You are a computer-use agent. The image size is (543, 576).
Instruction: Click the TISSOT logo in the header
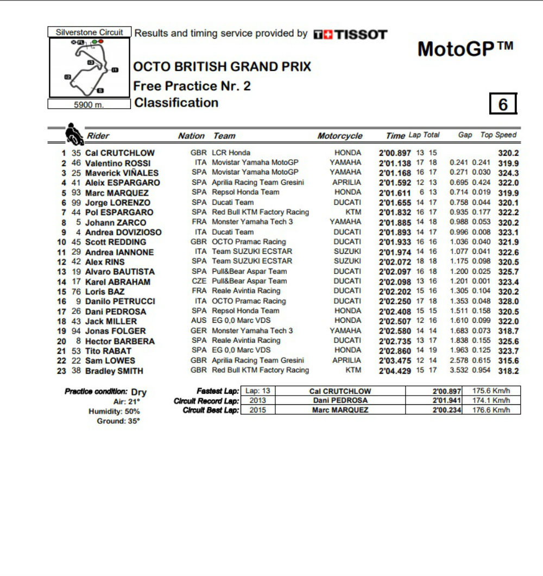tap(350, 34)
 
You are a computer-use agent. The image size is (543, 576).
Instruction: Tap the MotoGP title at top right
tap(465, 49)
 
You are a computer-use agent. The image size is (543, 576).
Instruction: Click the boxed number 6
tap(503, 104)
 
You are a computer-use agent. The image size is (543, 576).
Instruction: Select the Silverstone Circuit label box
tap(90, 33)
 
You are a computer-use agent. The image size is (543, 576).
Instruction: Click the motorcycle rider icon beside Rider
tap(74, 134)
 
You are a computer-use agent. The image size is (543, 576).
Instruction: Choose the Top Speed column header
tap(498, 135)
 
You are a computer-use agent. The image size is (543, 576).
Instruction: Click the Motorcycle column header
tap(339, 136)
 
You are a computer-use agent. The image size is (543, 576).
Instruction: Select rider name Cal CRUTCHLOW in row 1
tap(119, 153)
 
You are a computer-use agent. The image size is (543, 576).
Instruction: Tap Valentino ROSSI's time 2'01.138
tap(395, 163)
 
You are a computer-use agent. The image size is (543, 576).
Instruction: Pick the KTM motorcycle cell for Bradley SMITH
tap(353, 371)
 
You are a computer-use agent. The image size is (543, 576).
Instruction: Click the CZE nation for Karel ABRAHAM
tap(199, 281)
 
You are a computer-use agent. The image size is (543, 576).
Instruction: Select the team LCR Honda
tap(231, 153)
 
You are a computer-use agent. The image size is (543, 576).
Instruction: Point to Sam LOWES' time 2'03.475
tap(395, 361)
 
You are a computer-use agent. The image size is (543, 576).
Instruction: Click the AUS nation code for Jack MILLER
tap(199, 321)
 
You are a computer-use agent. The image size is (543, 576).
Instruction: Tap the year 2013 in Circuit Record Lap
tap(257, 400)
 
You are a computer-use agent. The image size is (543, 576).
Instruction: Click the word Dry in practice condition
tap(139, 392)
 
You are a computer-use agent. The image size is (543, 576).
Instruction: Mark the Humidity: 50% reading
tap(114, 411)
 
